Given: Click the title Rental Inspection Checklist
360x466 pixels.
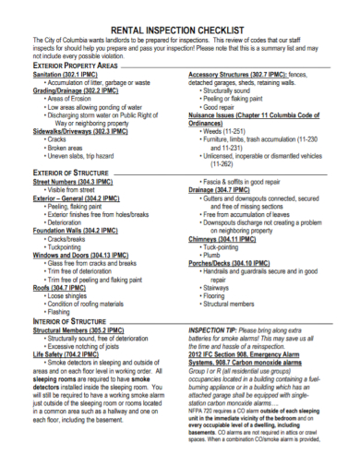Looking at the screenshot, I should pyautogui.click(x=180, y=30).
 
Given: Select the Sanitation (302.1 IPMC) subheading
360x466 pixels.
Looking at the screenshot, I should pyautogui.click(x=62, y=75).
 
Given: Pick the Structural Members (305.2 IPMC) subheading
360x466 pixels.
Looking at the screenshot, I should pyautogui.click(x=78, y=329).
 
